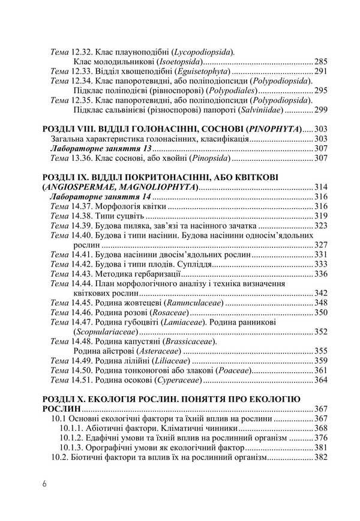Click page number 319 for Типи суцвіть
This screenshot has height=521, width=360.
[x=321, y=216]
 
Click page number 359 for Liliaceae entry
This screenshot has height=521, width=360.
[x=321, y=361]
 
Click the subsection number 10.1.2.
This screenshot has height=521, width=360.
[x=73, y=438]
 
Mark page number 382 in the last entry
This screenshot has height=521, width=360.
[x=321, y=457]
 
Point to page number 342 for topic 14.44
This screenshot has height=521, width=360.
[x=321, y=293]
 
